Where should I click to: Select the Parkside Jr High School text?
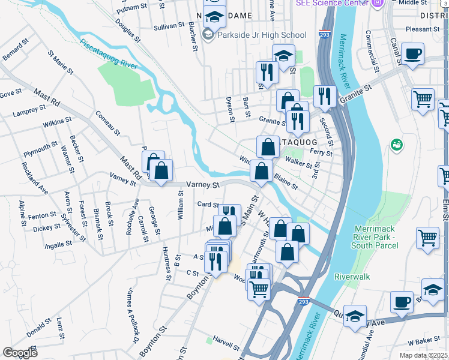pos(262,35)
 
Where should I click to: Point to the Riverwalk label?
pos(352,277)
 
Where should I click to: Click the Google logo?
pos(20,353)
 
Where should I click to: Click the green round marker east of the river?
pos(396,145)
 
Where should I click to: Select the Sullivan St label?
pos(169,26)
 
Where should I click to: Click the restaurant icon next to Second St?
pos(324,97)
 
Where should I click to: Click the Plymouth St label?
pos(41,148)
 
